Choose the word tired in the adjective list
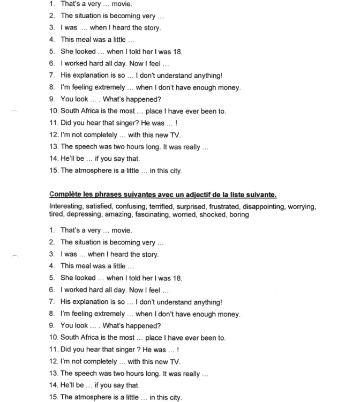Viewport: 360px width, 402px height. [57, 214]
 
